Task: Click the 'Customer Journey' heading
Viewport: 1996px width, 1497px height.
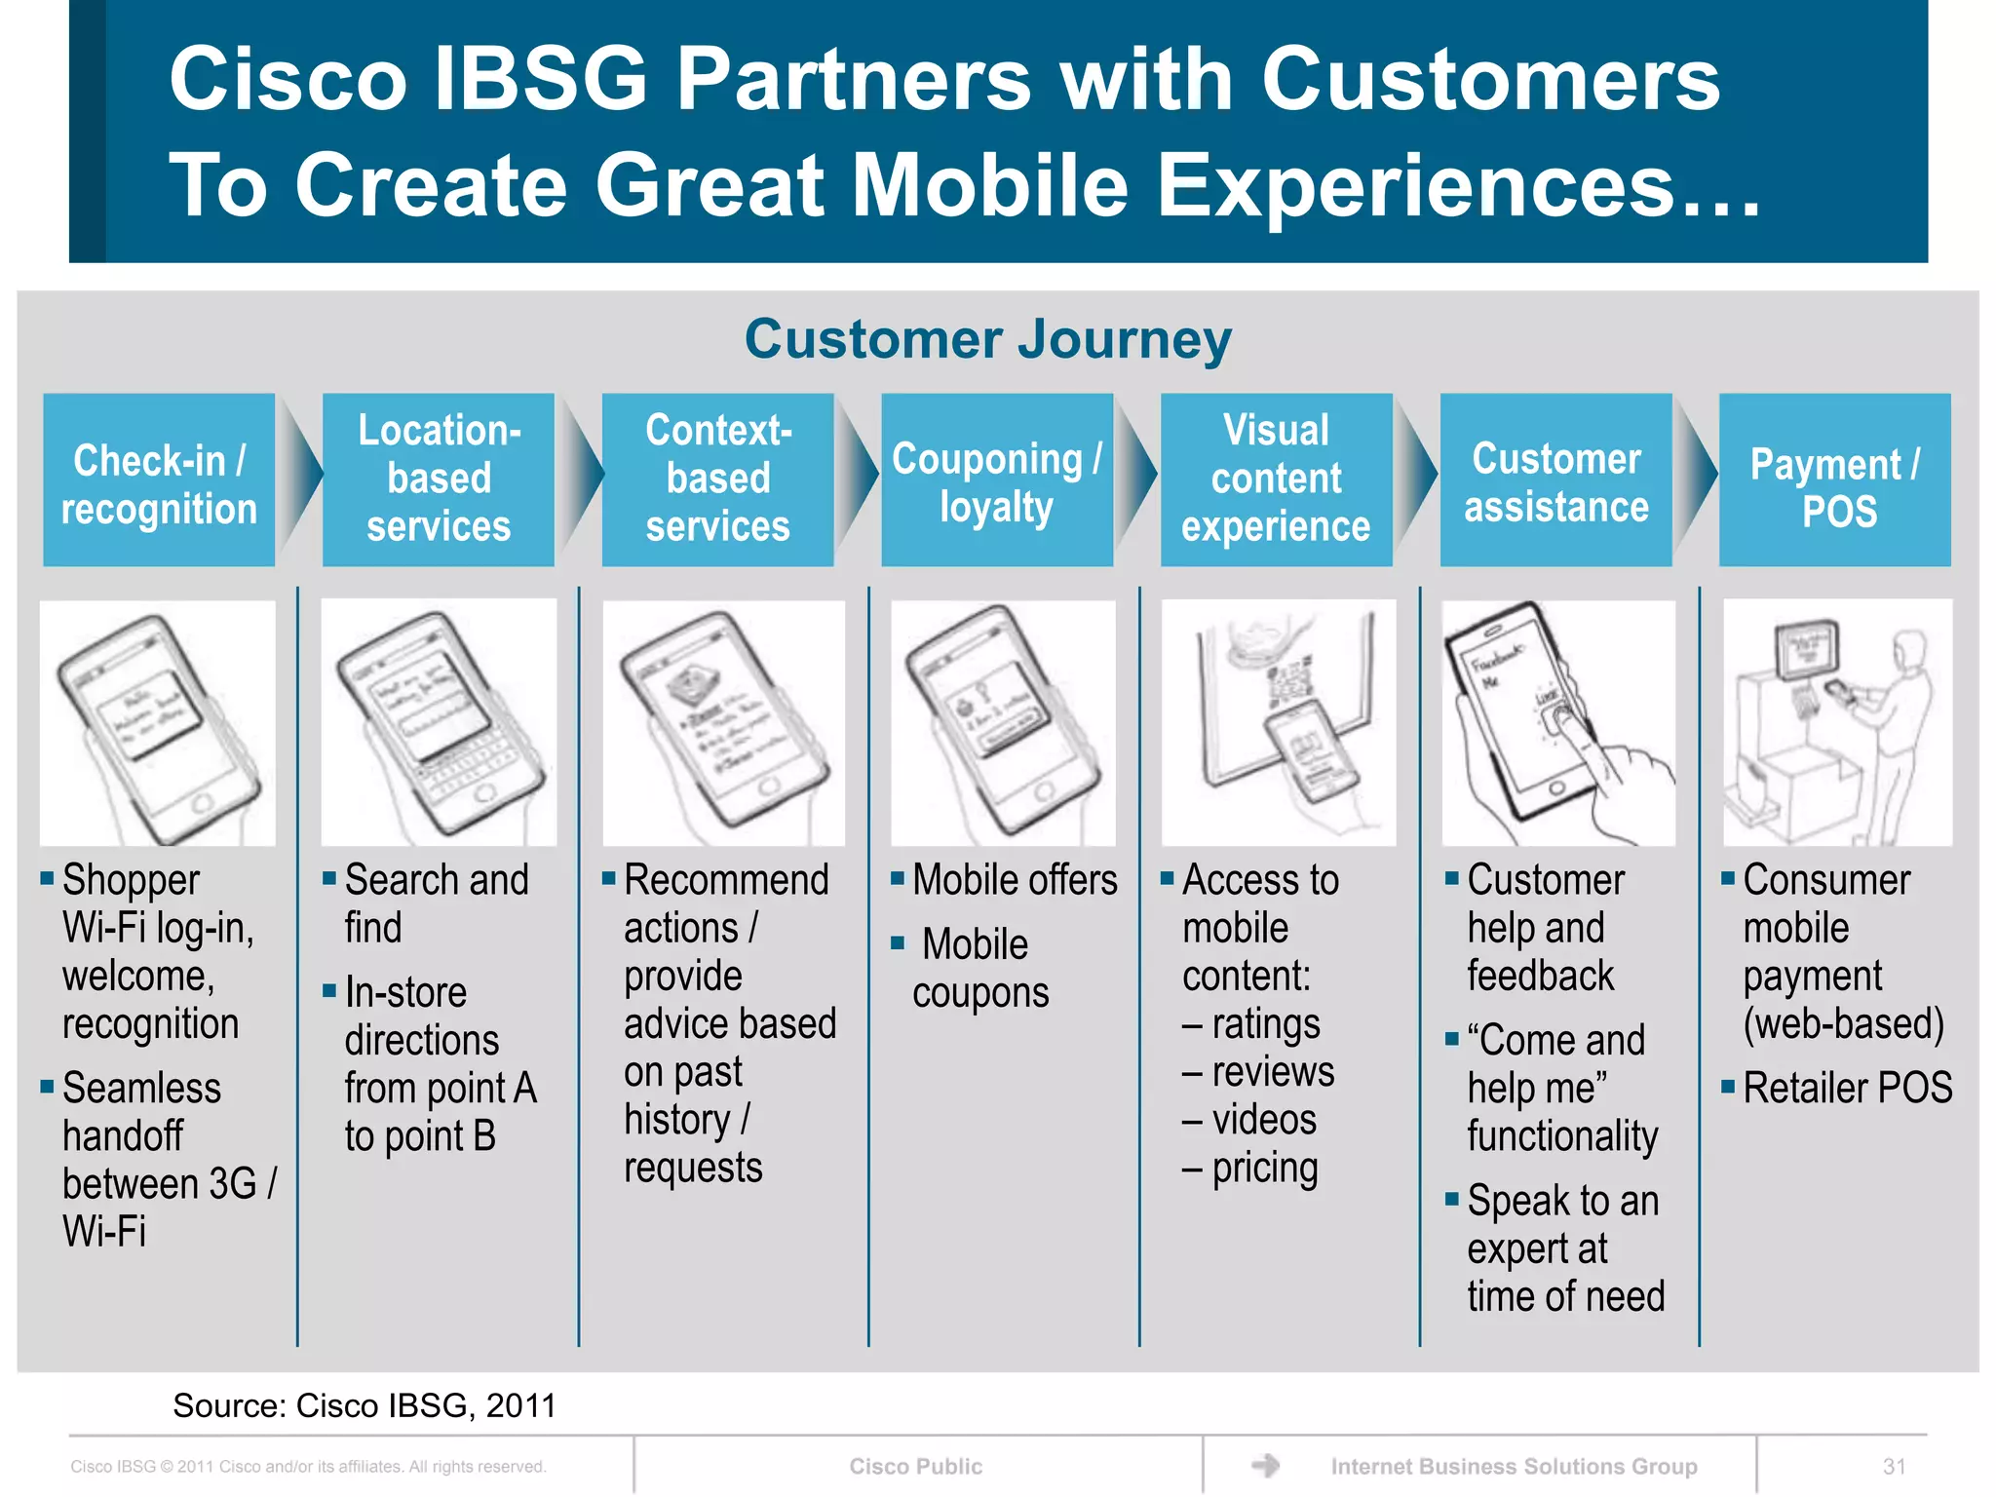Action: tap(987, 339)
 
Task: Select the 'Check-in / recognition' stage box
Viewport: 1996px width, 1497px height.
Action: tap(159, 480)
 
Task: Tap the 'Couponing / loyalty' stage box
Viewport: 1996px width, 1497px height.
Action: tap(996, 480)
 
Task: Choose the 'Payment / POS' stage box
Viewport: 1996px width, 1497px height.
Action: tap(1834, 480)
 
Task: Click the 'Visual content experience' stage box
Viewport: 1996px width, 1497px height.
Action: tap(1276, 480)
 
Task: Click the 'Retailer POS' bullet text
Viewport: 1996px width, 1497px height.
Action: tap(1847, 1088)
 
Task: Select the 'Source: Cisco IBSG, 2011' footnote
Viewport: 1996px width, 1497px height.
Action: tap(364, 1405)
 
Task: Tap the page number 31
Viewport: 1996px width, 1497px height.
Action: tap(1894, 1466)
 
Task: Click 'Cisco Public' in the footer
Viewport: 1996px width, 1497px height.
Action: tap(915, 1466)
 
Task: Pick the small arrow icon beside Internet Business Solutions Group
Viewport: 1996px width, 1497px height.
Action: tap(1265, 1465)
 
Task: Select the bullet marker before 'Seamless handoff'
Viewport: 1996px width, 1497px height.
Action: tap(47, 1086)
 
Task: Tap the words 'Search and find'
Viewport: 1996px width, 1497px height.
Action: tap(436, 902)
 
